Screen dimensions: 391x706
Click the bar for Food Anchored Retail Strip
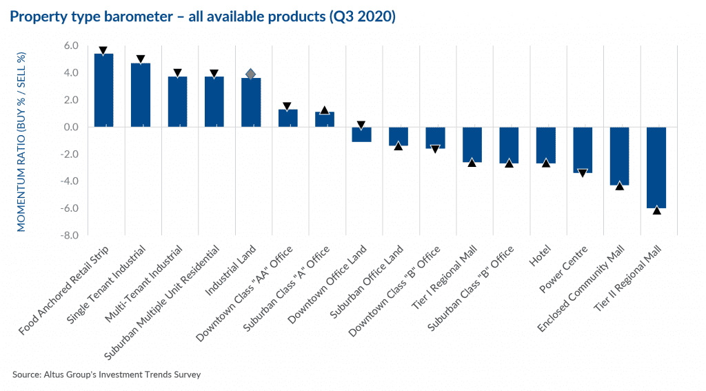click(103, 90)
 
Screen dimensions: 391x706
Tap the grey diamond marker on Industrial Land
click(251, 74)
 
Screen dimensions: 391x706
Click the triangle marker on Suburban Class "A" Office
click(325, 110)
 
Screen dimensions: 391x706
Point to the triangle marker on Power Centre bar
click(583, 173)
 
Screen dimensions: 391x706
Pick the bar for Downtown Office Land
click(361, 134)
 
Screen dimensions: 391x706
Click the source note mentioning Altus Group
click(106, 374)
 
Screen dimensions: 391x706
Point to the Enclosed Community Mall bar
click(619, 156)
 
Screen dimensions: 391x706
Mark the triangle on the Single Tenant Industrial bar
click(141, 60)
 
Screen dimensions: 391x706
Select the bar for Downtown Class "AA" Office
click(288, 118)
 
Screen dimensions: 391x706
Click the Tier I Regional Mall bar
click(472, 145)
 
